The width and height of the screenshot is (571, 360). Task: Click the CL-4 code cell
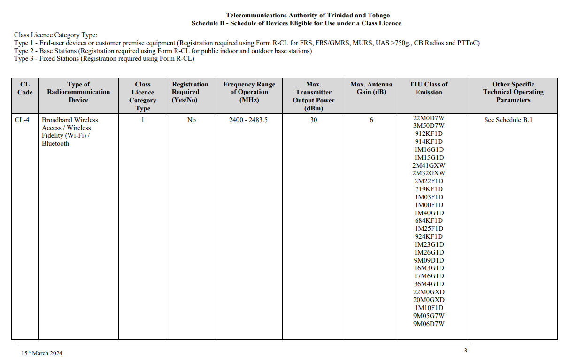[22, 120]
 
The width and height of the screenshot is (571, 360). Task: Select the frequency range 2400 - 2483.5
[248, 120]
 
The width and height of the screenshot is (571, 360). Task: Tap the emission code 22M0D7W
[429, 118]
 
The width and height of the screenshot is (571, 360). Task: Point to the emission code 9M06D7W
[429, 324]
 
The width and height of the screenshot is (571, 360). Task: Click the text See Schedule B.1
[508, 120]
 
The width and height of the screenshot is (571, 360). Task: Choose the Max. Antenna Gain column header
[371, 88]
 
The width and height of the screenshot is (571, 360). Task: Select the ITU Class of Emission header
[429, 88]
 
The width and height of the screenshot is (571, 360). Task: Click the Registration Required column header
[190, 92]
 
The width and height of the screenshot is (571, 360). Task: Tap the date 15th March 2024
[41, 353]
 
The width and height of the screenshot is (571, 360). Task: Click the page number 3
[465, 350]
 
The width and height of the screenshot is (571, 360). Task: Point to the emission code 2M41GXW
[429, 165]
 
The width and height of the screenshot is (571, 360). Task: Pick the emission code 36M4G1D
[429, 284]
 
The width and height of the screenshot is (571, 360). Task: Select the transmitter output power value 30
[313, 120]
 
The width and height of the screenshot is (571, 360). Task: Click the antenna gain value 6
[371, 120]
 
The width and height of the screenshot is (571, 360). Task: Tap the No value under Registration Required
[191, 120]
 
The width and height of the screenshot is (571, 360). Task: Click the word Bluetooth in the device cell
[55, 144]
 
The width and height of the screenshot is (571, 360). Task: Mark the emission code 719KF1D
[429, 189]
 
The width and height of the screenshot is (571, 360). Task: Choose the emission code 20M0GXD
[429, 300]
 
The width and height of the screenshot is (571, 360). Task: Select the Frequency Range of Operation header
[249, 92]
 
